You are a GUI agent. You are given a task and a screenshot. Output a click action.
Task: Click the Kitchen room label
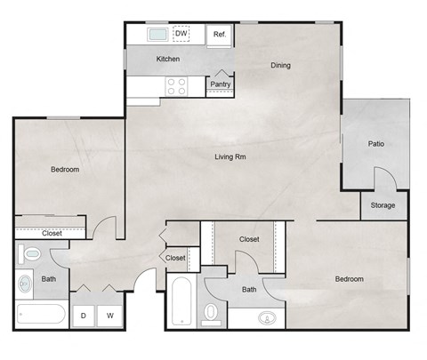pos(168,59)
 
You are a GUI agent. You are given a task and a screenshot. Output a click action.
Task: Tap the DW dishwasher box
pos(181,34)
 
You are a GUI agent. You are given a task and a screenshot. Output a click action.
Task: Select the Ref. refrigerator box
pos(220,35)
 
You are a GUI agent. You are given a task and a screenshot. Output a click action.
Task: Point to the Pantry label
pos(221,84)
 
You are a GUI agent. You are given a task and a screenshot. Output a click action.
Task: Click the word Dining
pos(281,65)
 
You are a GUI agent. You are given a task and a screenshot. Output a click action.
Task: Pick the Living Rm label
pos(230,157)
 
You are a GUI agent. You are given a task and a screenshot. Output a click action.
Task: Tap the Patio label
pos(376,144)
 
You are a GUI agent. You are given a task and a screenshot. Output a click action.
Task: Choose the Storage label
pos(383,205)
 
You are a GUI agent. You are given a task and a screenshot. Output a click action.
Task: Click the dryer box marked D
pos(83,315)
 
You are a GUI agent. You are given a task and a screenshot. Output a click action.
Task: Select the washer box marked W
pos(110,315)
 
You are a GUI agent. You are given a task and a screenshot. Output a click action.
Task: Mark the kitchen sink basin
pos(157,35)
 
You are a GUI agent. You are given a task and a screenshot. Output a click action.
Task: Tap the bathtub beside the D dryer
pos(41,315)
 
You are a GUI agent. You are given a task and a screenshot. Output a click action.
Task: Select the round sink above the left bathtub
pos(25,285)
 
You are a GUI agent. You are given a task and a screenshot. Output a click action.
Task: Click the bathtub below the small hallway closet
pos(181,303)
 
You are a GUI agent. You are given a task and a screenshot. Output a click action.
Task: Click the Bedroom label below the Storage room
pos(349,279)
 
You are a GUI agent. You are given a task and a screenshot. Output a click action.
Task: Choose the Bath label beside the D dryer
pos(48,279)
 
